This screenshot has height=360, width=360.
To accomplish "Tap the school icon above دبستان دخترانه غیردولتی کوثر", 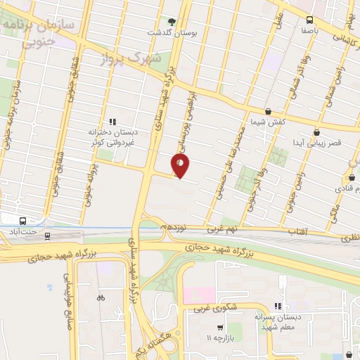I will click(112, 122).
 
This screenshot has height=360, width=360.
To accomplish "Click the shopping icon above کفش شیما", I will click(268, 111).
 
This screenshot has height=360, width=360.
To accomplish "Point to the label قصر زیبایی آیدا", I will click(317, 143).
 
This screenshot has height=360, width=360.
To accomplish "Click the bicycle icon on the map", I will click(101, 297).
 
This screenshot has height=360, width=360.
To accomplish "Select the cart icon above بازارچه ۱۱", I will click(220, 328).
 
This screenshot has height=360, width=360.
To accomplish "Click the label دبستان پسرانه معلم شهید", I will click(277, 323).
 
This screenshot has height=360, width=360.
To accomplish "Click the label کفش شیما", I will click(268, 122).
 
